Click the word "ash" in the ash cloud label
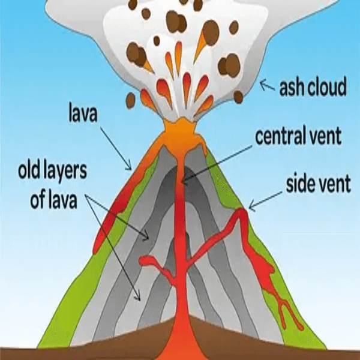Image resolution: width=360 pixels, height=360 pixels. pyautogui.click(x=292, y=88)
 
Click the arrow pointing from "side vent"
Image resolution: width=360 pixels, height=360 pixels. pyautogui.click(x=264, y=199)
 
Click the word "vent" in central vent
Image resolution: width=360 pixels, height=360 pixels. pyautogui.click(x=325, y=136)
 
